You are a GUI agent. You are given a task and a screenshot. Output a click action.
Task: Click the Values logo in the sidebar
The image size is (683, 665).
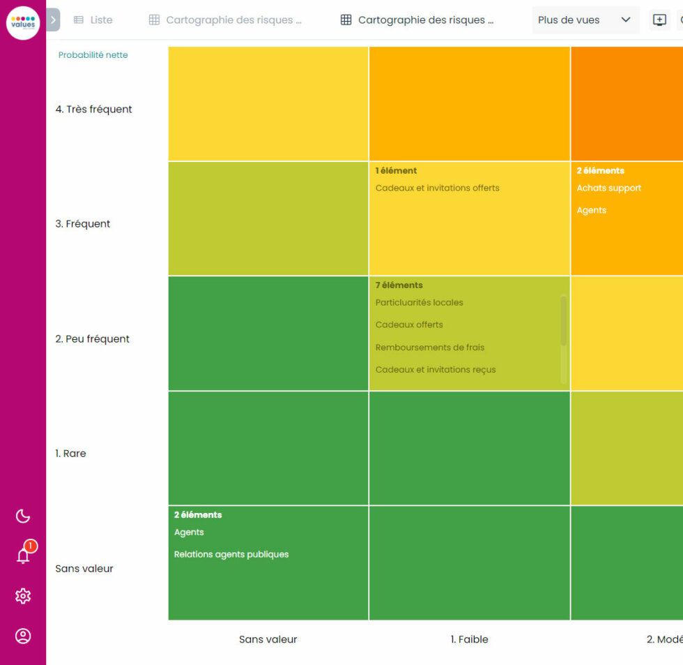point(23,23)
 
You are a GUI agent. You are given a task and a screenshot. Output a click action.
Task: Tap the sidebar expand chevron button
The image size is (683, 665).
point(53,20)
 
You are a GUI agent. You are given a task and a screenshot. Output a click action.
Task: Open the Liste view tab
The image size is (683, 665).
point(93,20)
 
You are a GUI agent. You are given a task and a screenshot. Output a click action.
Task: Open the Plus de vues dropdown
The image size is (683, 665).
point(584,20)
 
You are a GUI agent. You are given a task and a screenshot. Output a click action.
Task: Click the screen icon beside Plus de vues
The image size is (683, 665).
point(659,20)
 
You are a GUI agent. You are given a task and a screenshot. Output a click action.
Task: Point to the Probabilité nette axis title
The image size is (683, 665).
point(93,55)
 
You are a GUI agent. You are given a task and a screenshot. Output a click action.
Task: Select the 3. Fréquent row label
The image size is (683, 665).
point(83,224)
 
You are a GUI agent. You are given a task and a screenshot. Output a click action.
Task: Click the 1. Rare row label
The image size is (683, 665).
point(70,454)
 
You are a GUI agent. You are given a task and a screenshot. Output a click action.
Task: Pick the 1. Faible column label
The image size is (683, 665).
point(469,639)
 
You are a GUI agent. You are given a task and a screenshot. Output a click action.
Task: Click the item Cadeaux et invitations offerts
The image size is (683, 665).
point(437,188)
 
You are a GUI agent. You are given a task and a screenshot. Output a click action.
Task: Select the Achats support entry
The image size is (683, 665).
point(608,188)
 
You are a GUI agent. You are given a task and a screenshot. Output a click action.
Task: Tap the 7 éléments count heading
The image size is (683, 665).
point(399,285)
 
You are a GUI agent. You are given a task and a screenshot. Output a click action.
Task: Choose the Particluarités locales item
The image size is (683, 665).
point(419,303)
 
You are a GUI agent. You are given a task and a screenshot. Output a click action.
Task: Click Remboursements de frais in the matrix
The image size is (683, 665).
point(429,348)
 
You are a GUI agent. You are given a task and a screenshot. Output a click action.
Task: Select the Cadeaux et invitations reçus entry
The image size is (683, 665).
point(436,370)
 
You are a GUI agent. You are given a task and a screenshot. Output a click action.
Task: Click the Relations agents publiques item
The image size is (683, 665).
point(231,555)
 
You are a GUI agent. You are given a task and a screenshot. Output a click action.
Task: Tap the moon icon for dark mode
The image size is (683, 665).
point(23,516)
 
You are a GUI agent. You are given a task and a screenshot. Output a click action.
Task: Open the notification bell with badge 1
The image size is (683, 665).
point(23,555)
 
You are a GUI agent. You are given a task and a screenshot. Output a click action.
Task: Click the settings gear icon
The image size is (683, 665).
point(23,596)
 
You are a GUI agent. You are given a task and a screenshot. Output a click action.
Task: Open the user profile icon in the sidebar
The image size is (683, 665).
point(23,636)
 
